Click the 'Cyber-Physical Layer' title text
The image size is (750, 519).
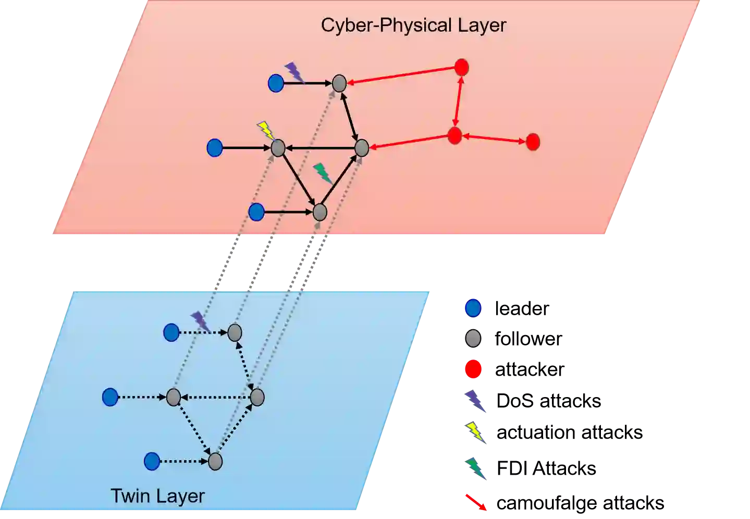[413, 25]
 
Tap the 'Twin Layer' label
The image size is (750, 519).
[157, 496]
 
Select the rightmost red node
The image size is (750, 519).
[532, 142]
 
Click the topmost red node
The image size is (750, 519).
[461, 67]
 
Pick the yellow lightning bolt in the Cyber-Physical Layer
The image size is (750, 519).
[266, 130]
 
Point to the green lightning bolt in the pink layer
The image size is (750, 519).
[323, 173]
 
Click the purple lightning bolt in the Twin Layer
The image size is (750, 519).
[200, 322]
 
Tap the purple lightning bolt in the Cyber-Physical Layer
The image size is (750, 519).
[294, 72]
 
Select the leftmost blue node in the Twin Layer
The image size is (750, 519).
[110, 398]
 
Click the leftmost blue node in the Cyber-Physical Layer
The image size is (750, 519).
[214, 148]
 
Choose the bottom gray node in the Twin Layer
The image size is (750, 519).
[215, 462]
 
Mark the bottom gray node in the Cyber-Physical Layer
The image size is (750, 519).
[319, 212]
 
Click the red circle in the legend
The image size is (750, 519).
[473, 369]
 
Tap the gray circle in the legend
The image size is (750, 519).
[473, 339]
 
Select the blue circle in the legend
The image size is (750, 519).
[473, 308]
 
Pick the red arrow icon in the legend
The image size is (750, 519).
[475, 502]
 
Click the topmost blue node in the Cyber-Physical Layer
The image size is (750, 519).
[276, 83]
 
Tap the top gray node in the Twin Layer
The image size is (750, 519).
[235, 332]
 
